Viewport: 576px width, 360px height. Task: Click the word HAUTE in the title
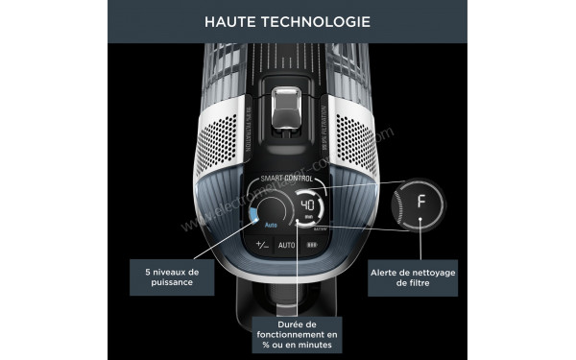[x=235, y=20]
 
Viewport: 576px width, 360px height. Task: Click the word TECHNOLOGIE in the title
[x=323, y=20]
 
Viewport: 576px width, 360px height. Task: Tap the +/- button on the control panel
[x=260, y=245]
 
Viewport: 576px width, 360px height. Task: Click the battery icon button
[x=312, y=245]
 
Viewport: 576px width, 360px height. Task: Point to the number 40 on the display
[x=308, y=205]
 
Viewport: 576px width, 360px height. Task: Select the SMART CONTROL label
[x=287, y=180]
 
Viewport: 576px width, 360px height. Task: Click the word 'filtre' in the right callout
[x=437, y=284]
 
